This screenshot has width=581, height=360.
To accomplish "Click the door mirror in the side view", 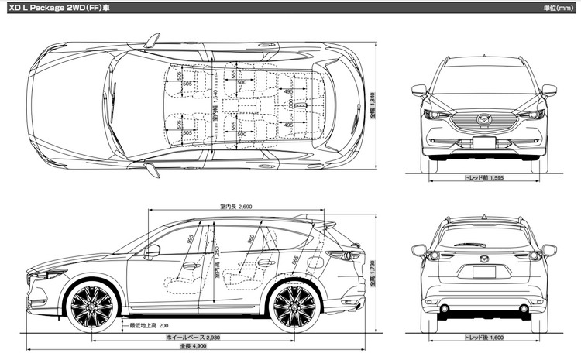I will point(153,251).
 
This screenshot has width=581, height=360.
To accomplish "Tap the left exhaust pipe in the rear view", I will point(445,309).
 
